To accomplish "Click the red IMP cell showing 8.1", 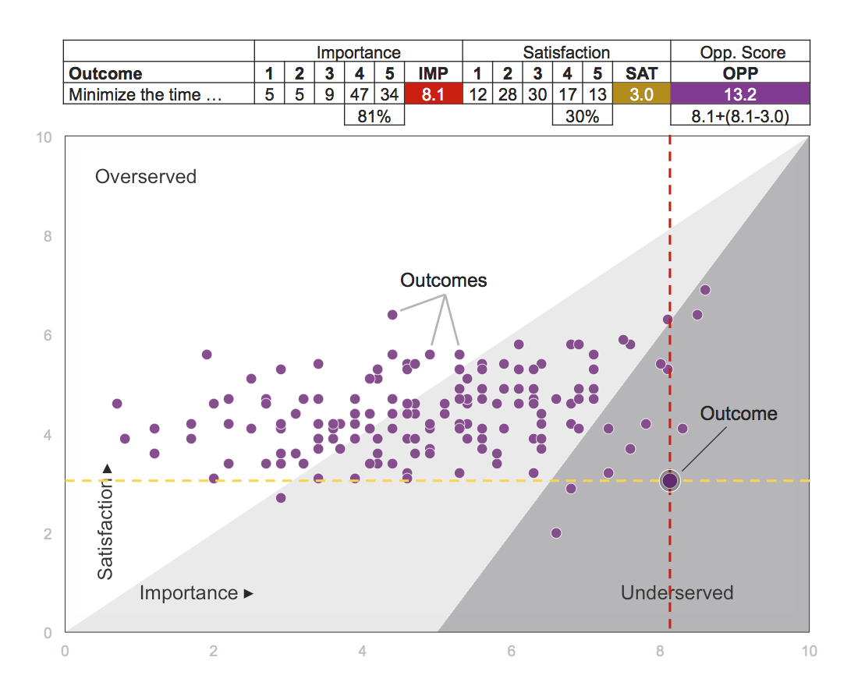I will click(x=433, y=95).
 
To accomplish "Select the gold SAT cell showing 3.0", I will click(x=641, y=95).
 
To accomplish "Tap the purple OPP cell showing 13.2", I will click(x=740, y=95).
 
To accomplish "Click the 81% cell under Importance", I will click(x=374, y=115).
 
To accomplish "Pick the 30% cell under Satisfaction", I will click(x=582, y=115).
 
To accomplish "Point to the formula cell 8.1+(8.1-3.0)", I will click(x=740, y=115).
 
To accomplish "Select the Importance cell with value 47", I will click(x=360, y=95).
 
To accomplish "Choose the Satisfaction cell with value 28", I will click(x=507, y=95).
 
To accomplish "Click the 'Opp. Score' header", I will click(x=740, y=52).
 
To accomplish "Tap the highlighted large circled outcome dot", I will click(x=670, y=480).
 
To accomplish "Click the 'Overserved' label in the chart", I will click(x=146, y=176).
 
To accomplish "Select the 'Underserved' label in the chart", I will click(x=677, y=593).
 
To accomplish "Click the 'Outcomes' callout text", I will click(x=443, y=280).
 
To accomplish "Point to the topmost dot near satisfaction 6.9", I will click(x=705, y=290).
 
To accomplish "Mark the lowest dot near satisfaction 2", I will click(x=556, y=533).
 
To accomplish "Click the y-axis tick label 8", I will click(x=48, y=236).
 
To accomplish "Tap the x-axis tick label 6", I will click(x=511, y=651).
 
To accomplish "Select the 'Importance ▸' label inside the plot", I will click(x=197, y=593).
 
